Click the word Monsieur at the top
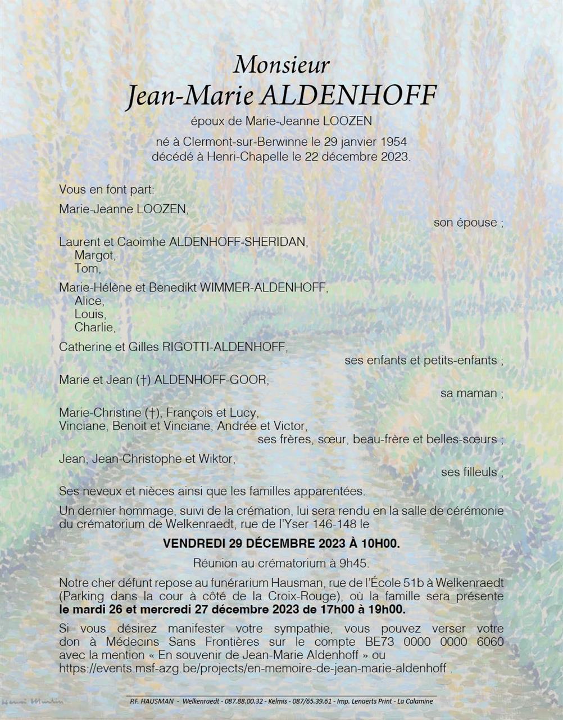tap(281, 64)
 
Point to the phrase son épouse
tap(465, 222)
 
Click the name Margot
tap(94, 255)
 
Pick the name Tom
tap(87, 268)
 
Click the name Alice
tap(88, 300)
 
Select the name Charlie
tap(94, 327)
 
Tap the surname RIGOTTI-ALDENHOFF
tap(224, 346)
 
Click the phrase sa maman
tap(469, 393)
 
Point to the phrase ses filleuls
tap(469, 472)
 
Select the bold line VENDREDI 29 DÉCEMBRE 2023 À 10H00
tap(281, 544)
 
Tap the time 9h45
tap(356, 562)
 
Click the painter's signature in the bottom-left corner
tap(33, 702)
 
